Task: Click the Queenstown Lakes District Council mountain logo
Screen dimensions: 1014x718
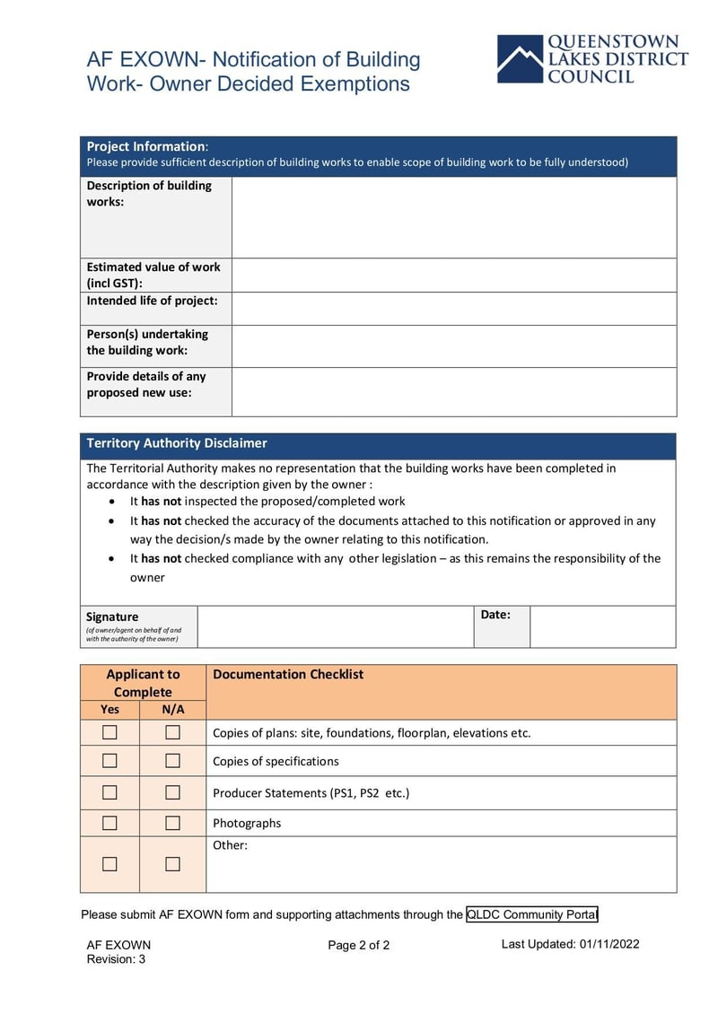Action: click(x=521, y=59)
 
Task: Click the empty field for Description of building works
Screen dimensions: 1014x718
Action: click(x=453, y=217)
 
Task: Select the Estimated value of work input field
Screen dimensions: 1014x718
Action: click(x=453, y=275)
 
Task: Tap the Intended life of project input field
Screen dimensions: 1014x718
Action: click(x=453, y=309)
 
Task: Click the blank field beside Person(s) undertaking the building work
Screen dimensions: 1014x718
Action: click(x=453, y=345)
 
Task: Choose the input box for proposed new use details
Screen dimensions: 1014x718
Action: click(x=453, y=391)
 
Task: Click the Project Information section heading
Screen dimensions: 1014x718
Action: click(x=145, y=146)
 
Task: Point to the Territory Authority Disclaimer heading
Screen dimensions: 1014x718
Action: click(x=177, y=443)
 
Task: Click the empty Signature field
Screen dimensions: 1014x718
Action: click(x=335, y=626)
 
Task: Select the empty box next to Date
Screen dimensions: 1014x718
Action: click(x=602, y=626)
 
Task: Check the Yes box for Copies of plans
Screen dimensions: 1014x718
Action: click(x=109, y=732)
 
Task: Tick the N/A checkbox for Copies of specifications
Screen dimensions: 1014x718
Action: click(x=172, y=761)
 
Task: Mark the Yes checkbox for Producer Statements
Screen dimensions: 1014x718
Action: click(x=109, y=792)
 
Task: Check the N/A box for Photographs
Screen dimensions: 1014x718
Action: click(x=172, y=823)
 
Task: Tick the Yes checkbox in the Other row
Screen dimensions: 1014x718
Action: click(x=109, y=864)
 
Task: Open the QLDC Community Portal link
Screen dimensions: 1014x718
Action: click(x=531, y=914)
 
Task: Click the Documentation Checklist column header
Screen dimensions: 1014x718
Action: click(x=288, y=675)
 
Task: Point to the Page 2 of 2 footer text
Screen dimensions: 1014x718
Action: click(x=359, y=945)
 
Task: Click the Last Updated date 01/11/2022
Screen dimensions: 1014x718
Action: click(x=609, y=944)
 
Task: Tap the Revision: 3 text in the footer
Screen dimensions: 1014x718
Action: click(x=116, y=959)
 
